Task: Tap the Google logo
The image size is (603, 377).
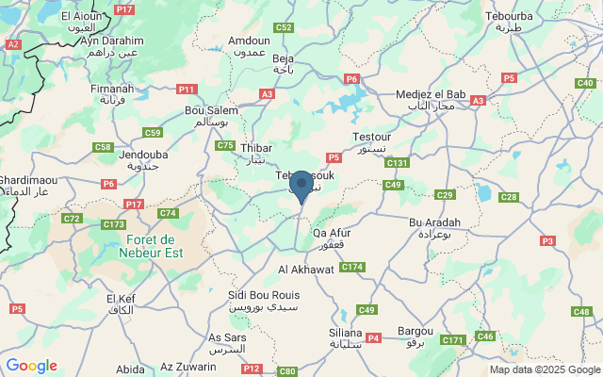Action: tap(31, 366)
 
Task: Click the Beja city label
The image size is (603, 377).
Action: tap(284, 64)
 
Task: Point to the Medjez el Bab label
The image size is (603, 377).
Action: tap(424, 98)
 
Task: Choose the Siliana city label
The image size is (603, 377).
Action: tap(346, 338)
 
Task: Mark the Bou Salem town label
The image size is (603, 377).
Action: tap(211, 116)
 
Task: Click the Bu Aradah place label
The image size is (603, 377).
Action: tap(434, 227)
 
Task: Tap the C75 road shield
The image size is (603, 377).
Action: tap(225, 145)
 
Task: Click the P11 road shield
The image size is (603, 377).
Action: tap(187, 90)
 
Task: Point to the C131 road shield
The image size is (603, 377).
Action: tap(397, 163)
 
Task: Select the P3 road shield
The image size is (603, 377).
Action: tap(547, 241)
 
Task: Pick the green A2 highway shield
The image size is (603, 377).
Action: tap(12, 44)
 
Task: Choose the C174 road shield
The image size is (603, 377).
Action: tap(351, 268)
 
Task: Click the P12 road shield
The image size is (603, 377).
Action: tap(251, 369)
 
